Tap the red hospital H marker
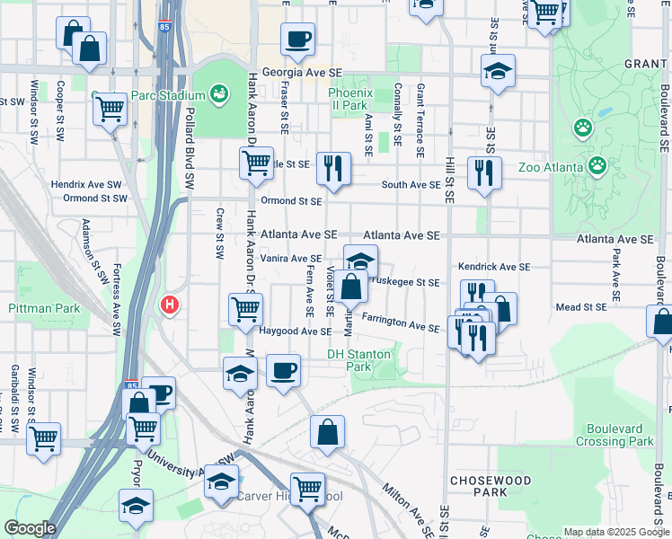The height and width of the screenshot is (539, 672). click(x=169, y=306)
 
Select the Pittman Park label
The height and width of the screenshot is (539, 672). click(x=44, y=308)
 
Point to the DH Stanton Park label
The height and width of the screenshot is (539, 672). click(x=359, y=360)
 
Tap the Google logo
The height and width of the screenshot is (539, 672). click(x=30, y=528)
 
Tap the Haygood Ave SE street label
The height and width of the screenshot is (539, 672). click(x=296, y=331)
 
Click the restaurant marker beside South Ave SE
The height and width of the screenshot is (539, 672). click(x=484, y=172)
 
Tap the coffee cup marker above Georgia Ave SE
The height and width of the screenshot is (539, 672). click(x=297, y=40)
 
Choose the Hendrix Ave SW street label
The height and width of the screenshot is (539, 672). click(x=79, y=183)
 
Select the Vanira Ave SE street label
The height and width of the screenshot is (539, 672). click(x=291, y=258)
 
